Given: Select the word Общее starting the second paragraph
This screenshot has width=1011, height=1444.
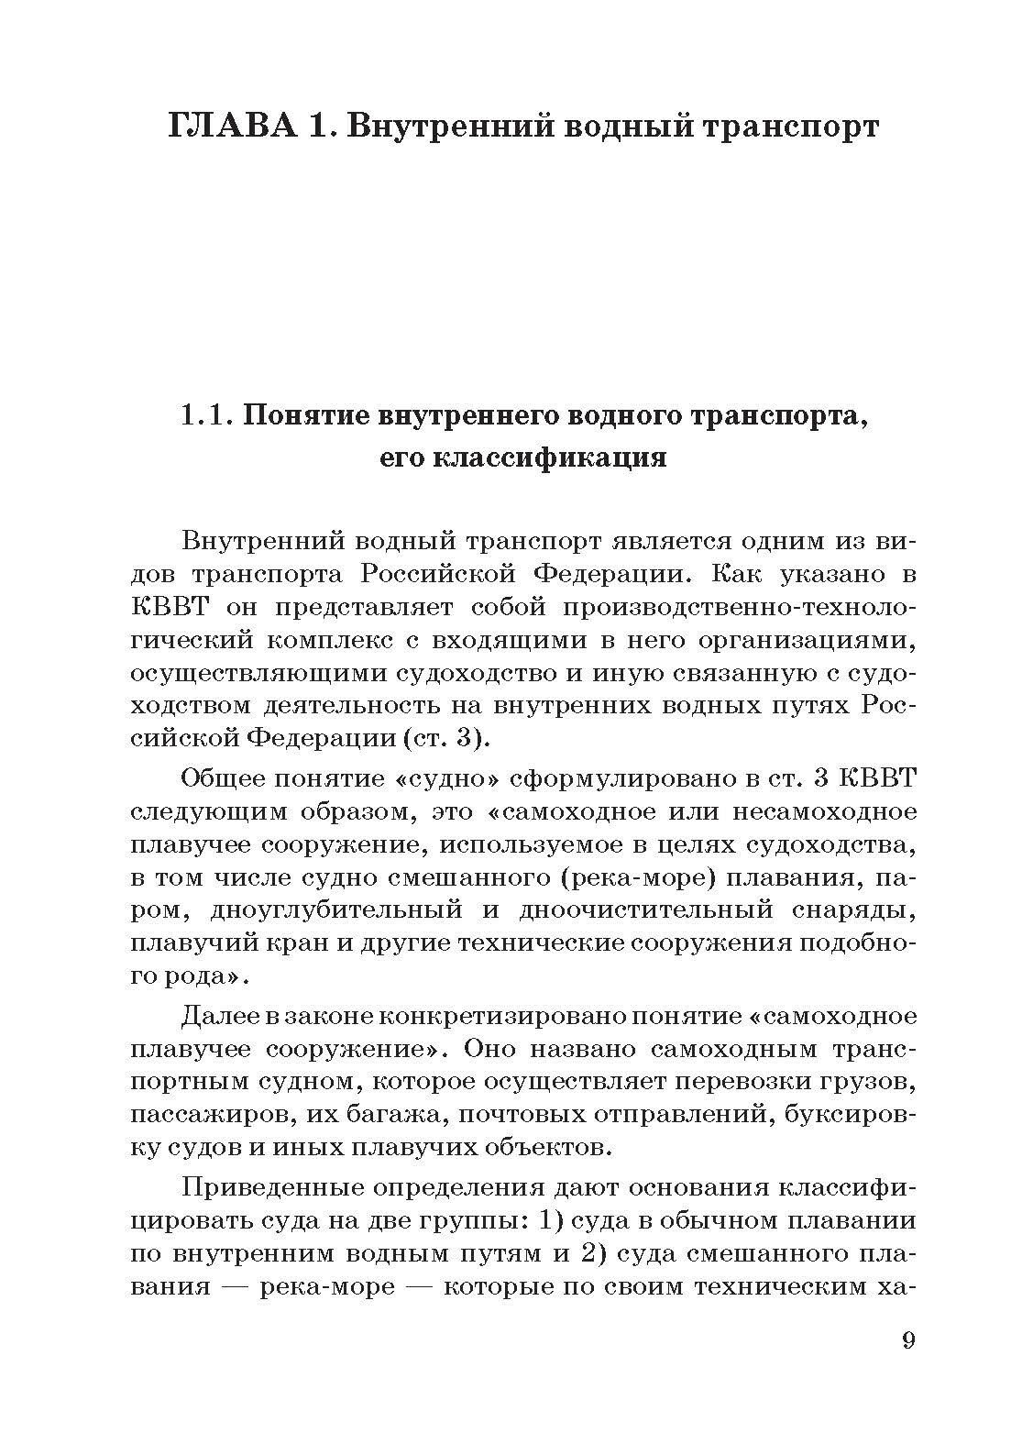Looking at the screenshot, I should point(230,778).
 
